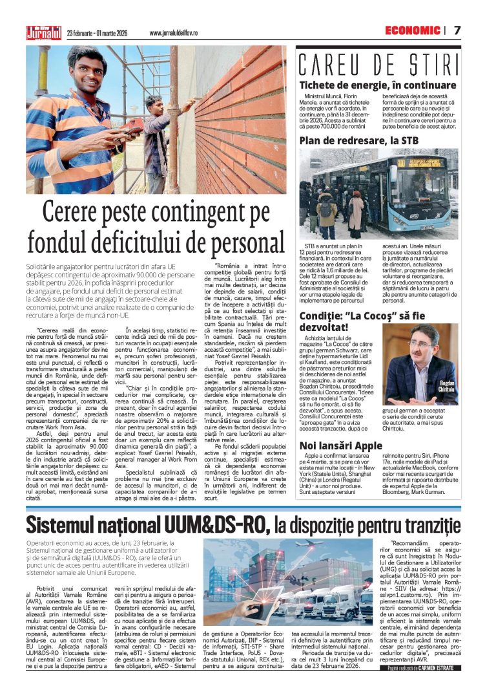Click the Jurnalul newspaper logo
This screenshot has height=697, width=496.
tap(43, 32)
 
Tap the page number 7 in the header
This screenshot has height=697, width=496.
tap(457, 30)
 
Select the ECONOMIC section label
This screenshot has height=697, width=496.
tap(412, 30)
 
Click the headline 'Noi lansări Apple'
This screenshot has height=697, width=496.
tap(341, 445)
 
